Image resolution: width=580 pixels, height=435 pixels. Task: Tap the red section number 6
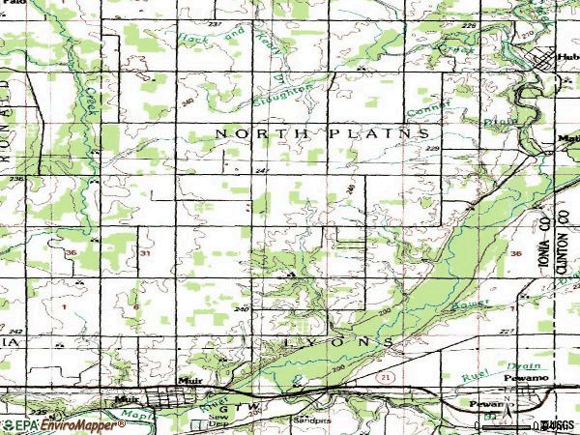pos(136,307)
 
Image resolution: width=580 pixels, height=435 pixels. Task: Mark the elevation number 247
pos(262,170)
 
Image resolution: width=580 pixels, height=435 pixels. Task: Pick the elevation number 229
pos(432,149)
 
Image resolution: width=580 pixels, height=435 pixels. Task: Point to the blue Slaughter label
pos(281,95)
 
